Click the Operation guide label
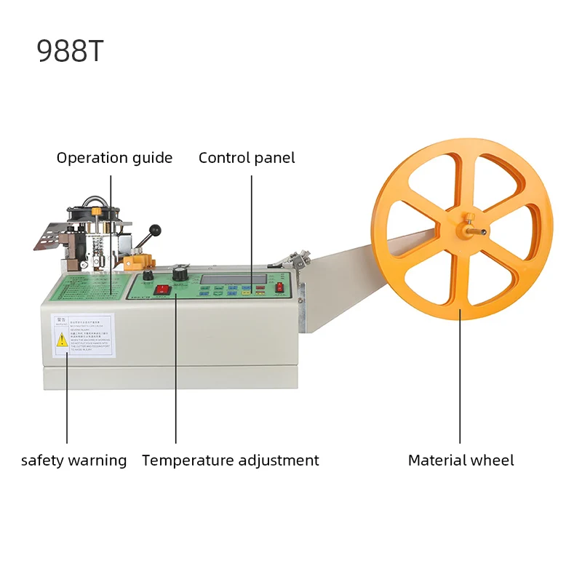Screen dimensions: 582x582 tap(114, 158)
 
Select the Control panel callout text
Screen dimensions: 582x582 tap(247, 158)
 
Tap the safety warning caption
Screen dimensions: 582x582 tap(73, 461)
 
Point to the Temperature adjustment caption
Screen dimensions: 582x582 tap(230, 461)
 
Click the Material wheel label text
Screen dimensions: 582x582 tap(461, 461)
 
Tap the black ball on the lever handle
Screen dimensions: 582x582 tap(154, 231)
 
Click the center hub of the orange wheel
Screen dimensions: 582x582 tap(463, 228)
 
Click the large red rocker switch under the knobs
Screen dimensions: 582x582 tap(164, 290)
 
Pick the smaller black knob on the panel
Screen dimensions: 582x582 tap(147, 276)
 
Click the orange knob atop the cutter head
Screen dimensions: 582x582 tap(95, 212)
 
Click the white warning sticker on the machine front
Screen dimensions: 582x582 tap(82, 335)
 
